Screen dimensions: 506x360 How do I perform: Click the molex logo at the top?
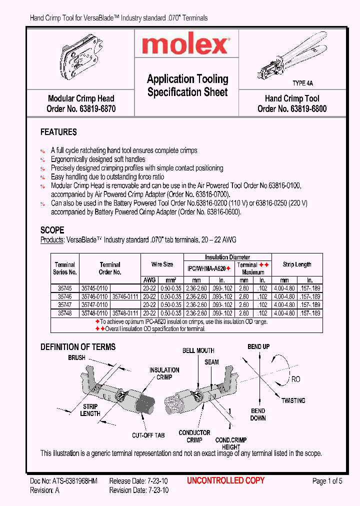point(185,46)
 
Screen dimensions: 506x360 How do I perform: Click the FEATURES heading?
point(58,132)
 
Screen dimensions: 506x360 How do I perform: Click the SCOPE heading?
point(52,230)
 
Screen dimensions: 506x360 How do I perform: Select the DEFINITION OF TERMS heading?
point(78,347)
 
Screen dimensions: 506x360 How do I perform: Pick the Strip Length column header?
point(297,264)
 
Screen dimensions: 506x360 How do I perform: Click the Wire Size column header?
point(162,264)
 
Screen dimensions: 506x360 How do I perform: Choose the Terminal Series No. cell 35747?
point(65,304)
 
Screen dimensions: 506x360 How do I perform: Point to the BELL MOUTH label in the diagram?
point(198,351)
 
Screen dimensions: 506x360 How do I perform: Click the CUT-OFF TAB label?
point(148,435)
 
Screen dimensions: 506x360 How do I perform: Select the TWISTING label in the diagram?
point(293,400)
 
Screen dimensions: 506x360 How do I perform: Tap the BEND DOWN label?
point(258,414)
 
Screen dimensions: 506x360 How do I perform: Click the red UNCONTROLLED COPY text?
point(225,481)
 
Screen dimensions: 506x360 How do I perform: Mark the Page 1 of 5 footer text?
point(327,481)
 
